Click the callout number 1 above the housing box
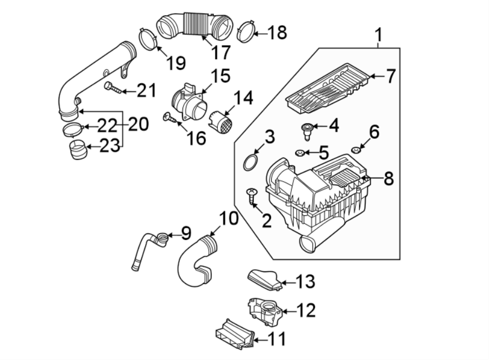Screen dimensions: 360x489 tap(379, 36)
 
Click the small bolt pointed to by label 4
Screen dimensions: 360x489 tap(306, 130)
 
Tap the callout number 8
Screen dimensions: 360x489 tap(388, 178)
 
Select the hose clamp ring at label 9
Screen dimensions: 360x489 tap(162, 237)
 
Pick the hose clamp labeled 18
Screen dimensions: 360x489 tap(246, 33)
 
